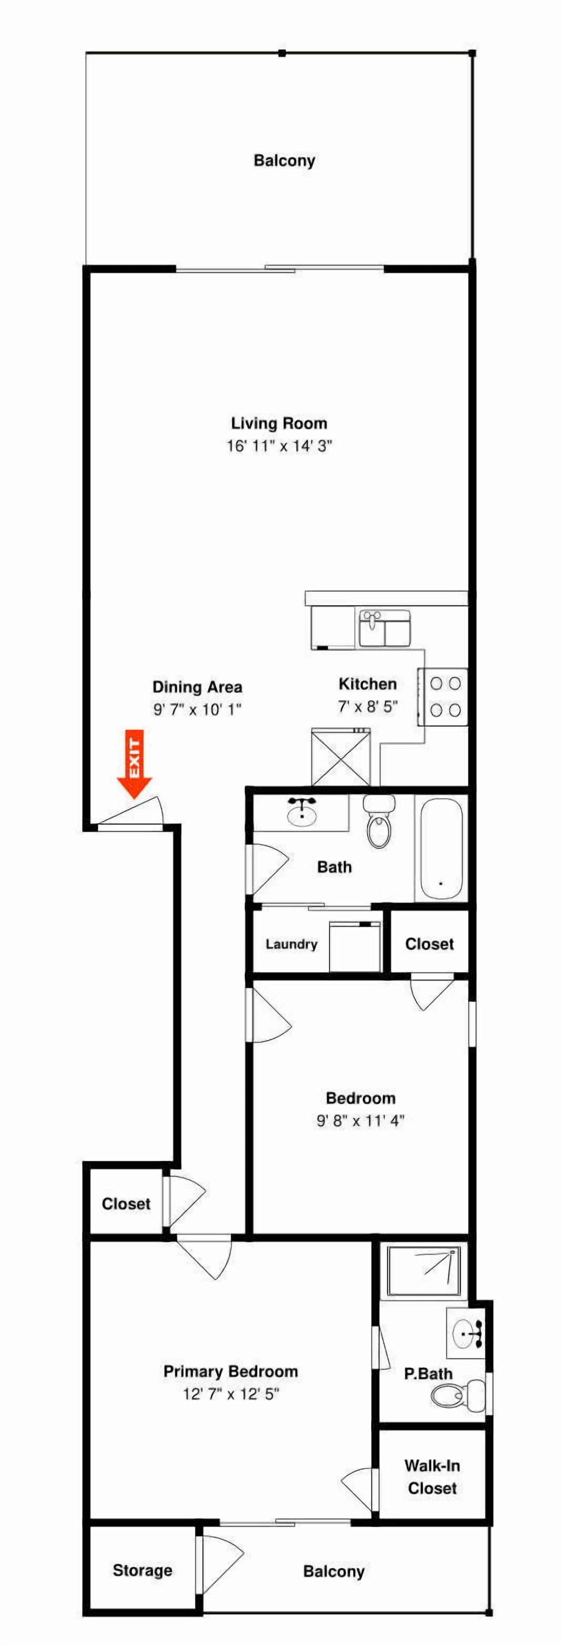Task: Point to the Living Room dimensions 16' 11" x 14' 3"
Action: click(279, 446)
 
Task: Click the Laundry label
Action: click(291, 944)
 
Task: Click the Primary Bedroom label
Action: click(231, 1371)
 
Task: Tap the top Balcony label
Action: click(284, 160)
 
